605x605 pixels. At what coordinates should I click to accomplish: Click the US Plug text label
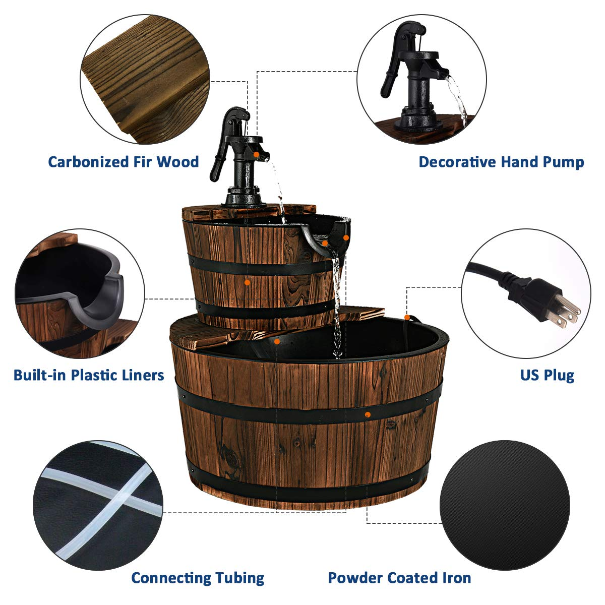(547, 375)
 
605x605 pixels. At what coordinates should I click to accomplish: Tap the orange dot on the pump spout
(256, 154)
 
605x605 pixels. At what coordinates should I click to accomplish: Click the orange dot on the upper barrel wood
(247, 283)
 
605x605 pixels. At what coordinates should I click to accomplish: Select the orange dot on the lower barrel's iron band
(368, 414)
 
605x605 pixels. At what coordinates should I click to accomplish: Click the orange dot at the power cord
(406, 318)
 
